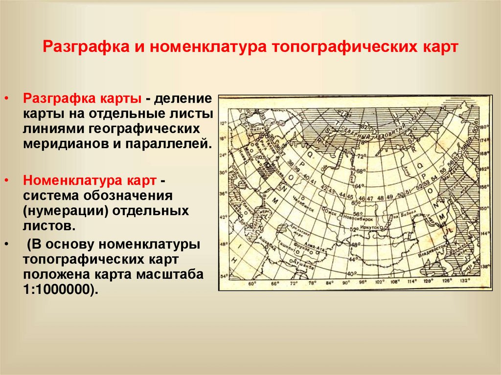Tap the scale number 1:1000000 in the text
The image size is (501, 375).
click(58, 288)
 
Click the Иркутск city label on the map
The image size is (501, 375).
click(370, 227)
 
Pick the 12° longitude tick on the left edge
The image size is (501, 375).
click(224, 124)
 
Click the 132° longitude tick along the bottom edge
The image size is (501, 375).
click(465, 281)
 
